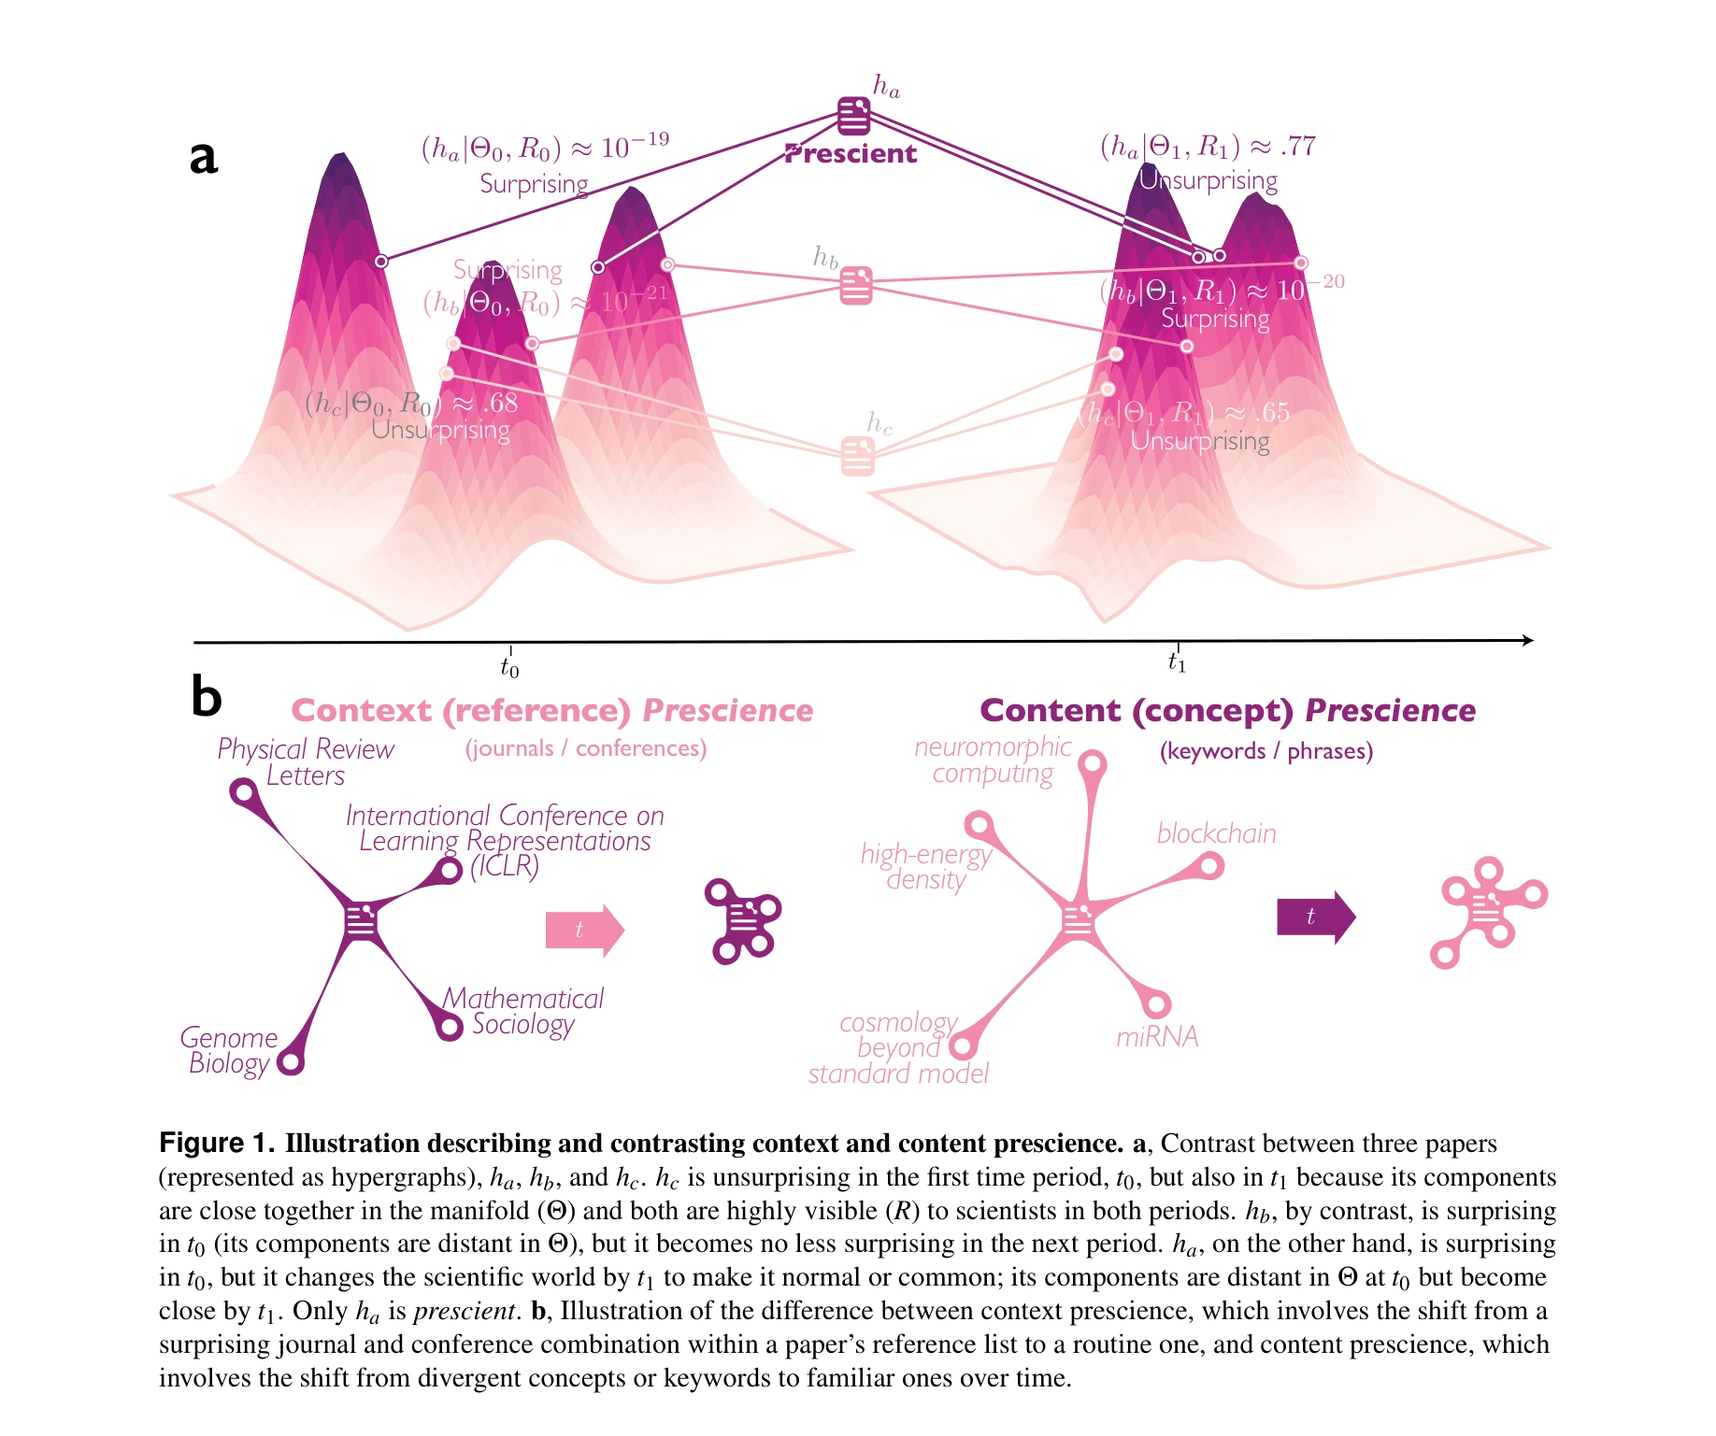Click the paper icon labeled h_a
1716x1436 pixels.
pos(853,116)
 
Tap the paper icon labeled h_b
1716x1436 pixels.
pos(855,285)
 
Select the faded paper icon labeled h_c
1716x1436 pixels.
pos(857,456)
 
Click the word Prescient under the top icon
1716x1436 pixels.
pos(851,154)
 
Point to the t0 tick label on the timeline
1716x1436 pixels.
pos(509,668)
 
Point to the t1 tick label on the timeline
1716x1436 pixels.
pos(1177,663)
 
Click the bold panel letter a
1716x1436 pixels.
pos(204,157)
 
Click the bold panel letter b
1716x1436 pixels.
pos(206,697)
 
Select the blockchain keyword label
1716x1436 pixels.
pos(1216,833)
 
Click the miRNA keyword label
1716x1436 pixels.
pos(1157,1037)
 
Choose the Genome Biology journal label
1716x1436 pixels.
pos(229,1051)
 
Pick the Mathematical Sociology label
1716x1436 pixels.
pos(523,1012)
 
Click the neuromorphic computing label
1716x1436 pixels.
pos(993,761)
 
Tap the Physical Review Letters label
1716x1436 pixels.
pos(306,762)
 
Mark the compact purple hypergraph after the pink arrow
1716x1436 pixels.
pos(743,920)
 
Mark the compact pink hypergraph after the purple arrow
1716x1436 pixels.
pos(1488,911)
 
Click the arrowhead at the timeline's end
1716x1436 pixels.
pos(1527,640)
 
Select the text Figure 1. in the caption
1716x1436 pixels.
pos(217,1144)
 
